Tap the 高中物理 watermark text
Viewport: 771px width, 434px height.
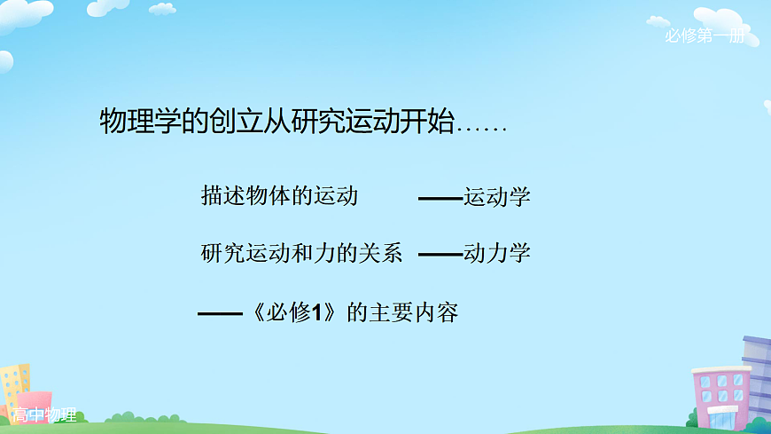coord(45,415)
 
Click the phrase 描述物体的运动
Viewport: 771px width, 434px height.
coord(279,195)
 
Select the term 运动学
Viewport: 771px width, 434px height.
coord(496,196)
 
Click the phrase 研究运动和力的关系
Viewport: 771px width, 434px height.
coord(301,253)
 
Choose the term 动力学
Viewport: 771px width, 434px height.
coord(496,253)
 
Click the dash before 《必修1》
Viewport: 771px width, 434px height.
coord(219,313)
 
